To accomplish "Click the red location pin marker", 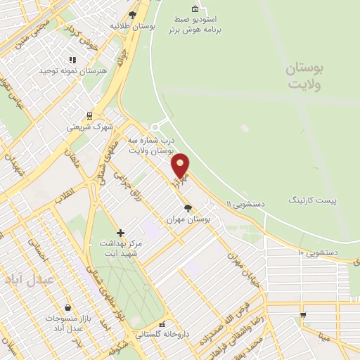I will [x=181, y=165].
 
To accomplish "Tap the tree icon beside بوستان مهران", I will [x=187, y=208].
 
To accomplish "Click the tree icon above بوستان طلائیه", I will [x=133, y=14].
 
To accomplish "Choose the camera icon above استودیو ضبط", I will [x=195, y=9].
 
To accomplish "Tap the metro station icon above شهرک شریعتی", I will [x=89, y=116].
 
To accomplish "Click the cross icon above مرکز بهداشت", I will [x=120, y=232].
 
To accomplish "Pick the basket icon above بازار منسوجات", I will [x=67, y=307].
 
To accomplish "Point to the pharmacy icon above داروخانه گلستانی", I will [x=162, y=325].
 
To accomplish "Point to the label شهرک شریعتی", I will [x=89, y=127].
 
